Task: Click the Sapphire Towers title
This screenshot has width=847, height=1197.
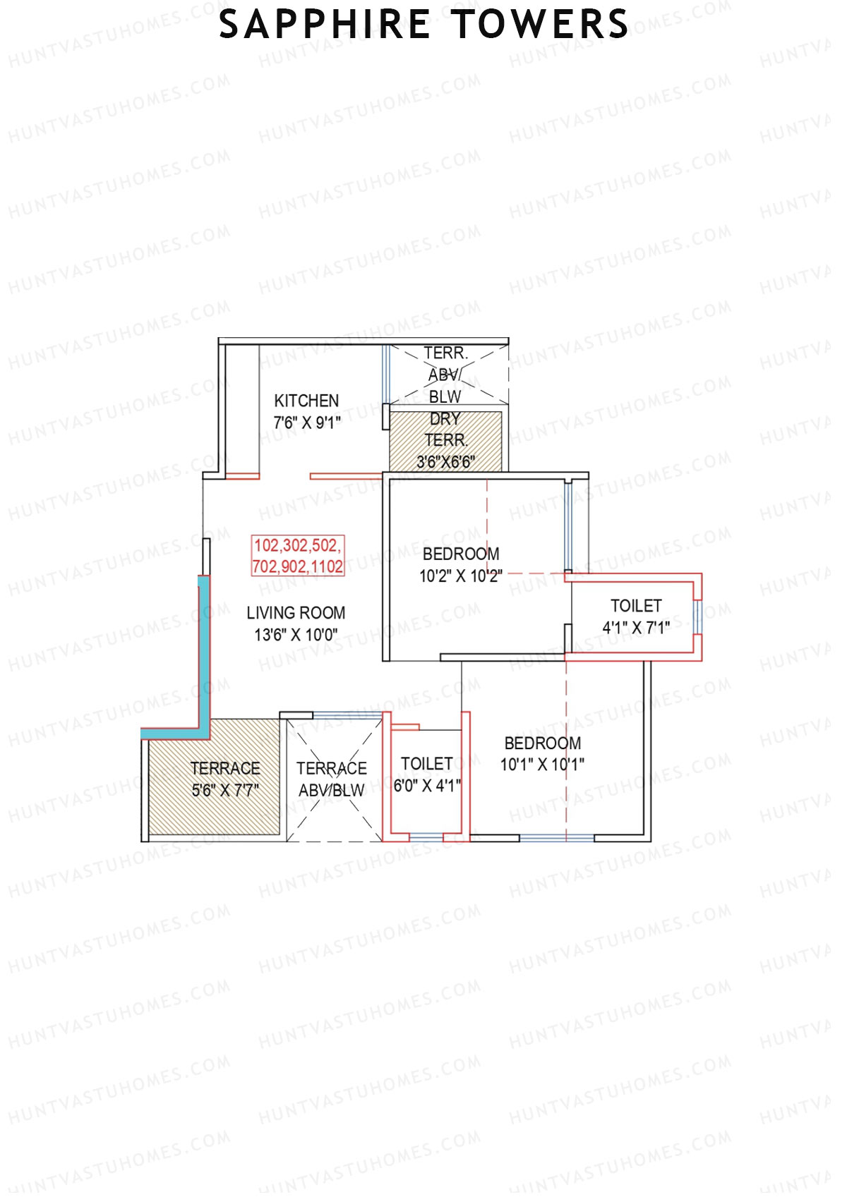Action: [423, 25]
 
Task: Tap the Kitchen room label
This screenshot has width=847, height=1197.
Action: [306, 401]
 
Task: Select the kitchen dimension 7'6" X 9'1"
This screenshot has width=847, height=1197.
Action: [307, 423]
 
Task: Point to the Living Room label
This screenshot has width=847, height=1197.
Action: [296, 613]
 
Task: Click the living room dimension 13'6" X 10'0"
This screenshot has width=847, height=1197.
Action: [296, 635]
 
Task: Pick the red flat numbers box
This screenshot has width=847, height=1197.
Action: [298, 556]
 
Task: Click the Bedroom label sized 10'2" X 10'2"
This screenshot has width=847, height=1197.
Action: [461, 554]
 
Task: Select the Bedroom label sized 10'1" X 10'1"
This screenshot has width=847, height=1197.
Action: [543, 743]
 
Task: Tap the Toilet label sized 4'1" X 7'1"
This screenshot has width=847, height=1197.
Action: [636, 606]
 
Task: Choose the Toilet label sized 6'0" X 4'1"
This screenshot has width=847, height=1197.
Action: [427, 764]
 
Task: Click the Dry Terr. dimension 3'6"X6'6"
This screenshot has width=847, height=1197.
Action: [445, 462]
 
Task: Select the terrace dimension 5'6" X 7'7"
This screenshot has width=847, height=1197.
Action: [225, 790]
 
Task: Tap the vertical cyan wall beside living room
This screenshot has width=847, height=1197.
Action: [203, 649]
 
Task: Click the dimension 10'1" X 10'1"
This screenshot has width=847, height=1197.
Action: [542, 765]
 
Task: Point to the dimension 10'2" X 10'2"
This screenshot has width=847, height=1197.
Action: [461, 576]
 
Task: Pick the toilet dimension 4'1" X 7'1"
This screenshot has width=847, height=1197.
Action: [636, 627]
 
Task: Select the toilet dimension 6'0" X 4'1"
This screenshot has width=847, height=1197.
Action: [427, 785]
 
